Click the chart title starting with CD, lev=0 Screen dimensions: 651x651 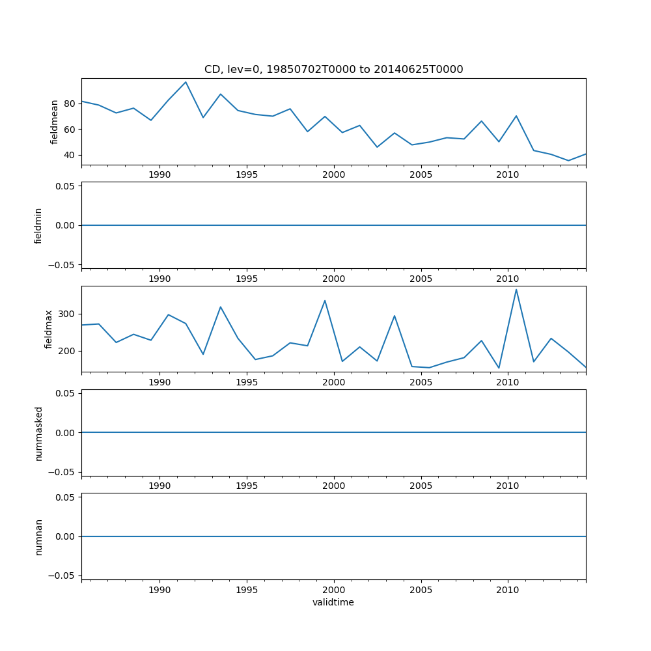tap(333, 70)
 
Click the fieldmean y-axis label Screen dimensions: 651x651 tap(55, 122)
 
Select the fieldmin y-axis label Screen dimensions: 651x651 tap(38, 225)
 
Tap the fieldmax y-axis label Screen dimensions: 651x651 tap(48, 329)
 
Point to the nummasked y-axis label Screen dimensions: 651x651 tap(38, 433)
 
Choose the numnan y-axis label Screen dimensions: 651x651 tap(38, 536)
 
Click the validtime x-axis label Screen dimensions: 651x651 tap(333, 602)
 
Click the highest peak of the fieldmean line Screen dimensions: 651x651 tap(186, 82)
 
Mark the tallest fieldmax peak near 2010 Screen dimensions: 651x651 tap(516, 290)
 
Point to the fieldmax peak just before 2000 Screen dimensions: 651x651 tap(325, 301)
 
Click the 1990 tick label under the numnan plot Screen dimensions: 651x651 tap(159, 590)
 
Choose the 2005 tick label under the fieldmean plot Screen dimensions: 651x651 tap(421, 175)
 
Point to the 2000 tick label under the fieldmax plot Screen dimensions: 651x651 tap(333, 382)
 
